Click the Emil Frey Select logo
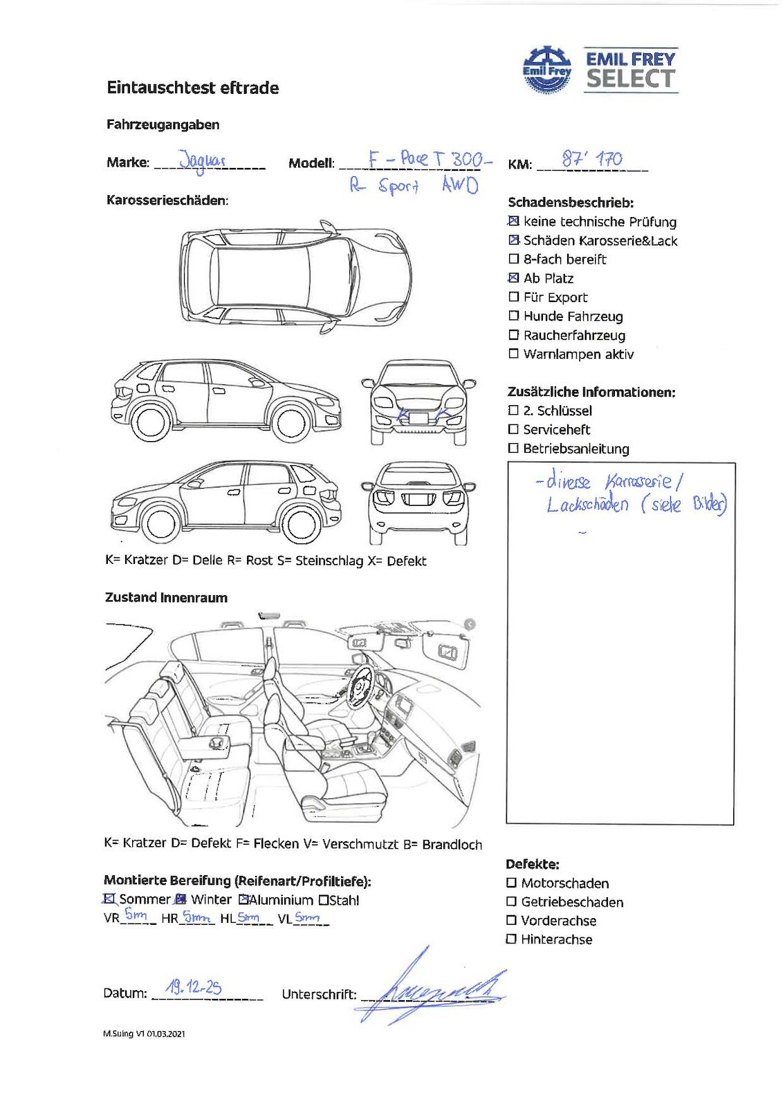tap(600, 70)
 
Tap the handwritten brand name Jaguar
tap(202, 161)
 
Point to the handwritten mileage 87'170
tap(591, 160)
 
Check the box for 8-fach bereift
tap(513, 259)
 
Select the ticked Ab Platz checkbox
tap(513, 278)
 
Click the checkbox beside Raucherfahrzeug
tap(513, 335)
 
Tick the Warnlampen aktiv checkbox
tap(513, 354)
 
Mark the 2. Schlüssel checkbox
tap(513, 411)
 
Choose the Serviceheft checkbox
tap(513, 429)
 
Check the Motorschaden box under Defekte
tap(511, 883)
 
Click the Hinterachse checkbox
tap(511, 939)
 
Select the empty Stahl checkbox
tap(323, 900)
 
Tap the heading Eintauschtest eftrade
tap(192, 88)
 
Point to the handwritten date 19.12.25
tap(194, 987)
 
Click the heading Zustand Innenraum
tap(166, 597)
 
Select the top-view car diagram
tap(295, 277)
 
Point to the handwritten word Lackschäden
tap(587, 505)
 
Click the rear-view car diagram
tap(418, 503)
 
